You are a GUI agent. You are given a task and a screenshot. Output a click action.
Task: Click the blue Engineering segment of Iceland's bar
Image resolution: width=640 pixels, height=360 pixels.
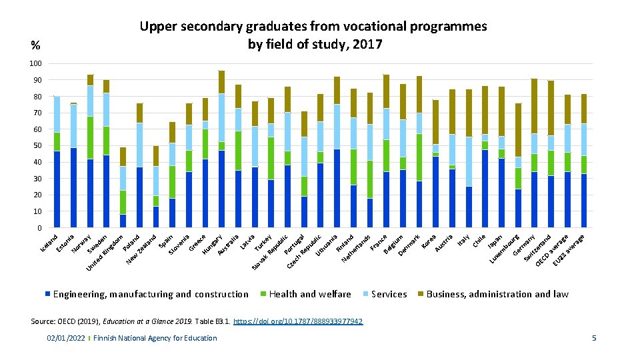pos(57,189)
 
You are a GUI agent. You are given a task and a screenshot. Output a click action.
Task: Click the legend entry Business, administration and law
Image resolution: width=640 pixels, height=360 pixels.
pos(497,294)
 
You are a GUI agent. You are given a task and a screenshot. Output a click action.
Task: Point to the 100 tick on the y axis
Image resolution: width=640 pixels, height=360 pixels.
pos(35,63)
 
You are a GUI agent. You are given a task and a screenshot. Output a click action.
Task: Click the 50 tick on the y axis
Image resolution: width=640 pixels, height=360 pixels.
pos(37,145)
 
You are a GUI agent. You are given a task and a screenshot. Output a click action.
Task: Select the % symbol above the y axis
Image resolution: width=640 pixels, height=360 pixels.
pos(35,46)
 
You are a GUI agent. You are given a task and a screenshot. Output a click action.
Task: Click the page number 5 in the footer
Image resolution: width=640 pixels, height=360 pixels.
pos(593,339)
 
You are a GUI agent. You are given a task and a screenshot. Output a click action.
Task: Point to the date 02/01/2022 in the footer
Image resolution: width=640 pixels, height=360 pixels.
pos(65,339)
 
